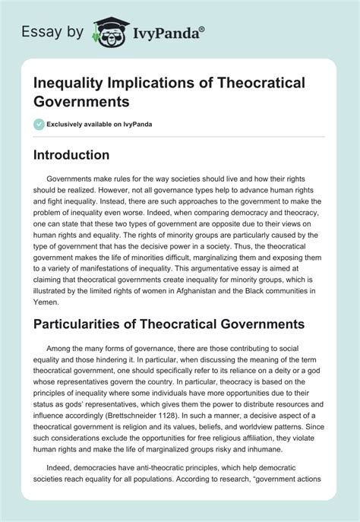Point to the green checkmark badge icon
38,124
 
